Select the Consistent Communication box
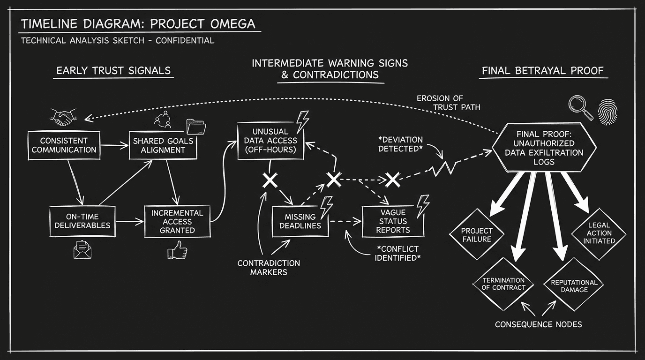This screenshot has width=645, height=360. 64,145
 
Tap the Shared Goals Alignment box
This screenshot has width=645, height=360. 163,145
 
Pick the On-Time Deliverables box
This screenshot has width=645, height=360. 82,220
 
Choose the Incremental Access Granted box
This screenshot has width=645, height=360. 177,221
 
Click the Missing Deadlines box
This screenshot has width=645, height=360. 300,221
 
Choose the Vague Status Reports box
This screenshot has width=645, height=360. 393,221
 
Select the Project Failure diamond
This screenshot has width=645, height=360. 476,234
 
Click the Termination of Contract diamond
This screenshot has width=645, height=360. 503,284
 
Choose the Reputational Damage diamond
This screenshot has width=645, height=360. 574,285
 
